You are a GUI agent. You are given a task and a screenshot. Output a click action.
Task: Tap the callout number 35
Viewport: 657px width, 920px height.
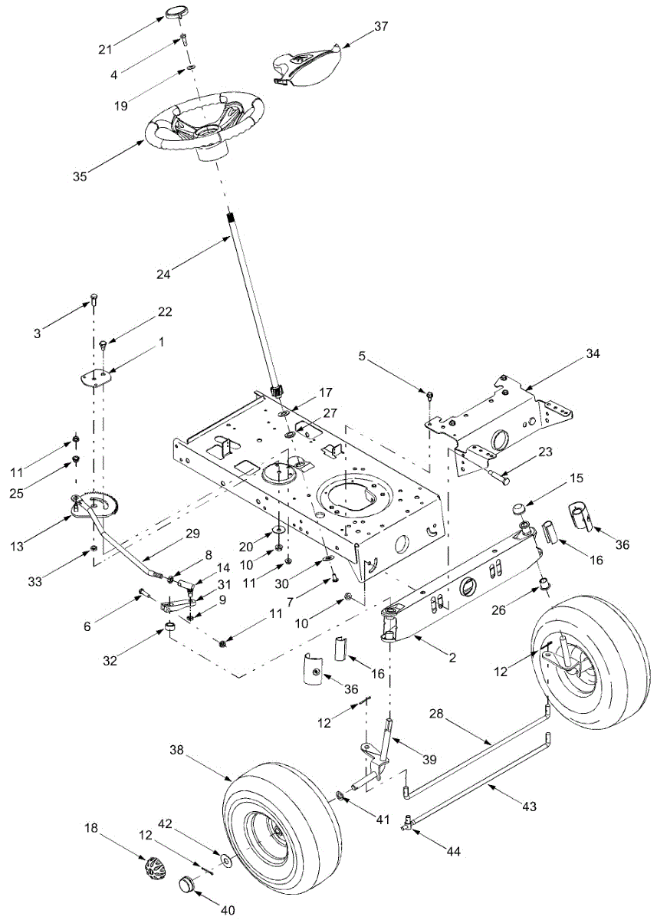[x=80, y=176]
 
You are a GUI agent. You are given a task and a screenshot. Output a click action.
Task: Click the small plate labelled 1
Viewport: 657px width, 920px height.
[x=97, y=376]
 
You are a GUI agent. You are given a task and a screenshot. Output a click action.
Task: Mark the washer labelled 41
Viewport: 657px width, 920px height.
[x=339, y=797]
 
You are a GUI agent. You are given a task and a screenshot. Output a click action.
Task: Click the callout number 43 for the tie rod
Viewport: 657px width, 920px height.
[x=528, y=806]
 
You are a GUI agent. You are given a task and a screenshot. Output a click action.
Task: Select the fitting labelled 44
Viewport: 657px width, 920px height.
[x=410, y=823]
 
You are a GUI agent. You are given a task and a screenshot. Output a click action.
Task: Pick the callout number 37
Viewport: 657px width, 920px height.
[x=381, y=27]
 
